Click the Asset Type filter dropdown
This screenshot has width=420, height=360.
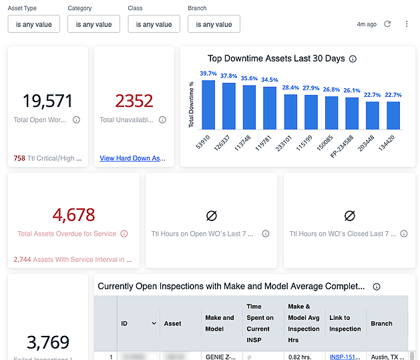tap(33, 24)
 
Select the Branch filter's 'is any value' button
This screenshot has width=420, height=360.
tap(214, 24)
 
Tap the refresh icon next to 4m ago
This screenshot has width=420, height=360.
tap(387, 24)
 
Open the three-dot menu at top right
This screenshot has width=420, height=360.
tap(407, 24)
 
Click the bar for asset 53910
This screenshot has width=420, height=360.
tap(208, 105)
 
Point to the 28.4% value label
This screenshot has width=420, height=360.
tap(290, 87)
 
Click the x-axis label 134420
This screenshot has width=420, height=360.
tap(393, 142)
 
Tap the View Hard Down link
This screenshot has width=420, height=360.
tap(132, 158)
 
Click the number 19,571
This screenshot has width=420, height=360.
tap(47, 101)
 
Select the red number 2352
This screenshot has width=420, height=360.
tap(134, 101)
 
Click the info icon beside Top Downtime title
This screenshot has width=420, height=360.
tap(353, 59)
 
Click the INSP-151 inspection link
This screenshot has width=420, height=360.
tap(345, 357)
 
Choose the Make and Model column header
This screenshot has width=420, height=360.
tap(220, 323)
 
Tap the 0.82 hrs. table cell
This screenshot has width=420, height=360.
tap(299, 357)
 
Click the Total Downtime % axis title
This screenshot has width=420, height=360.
tap(191, 105)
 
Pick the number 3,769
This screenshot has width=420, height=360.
tap(47, 342)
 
